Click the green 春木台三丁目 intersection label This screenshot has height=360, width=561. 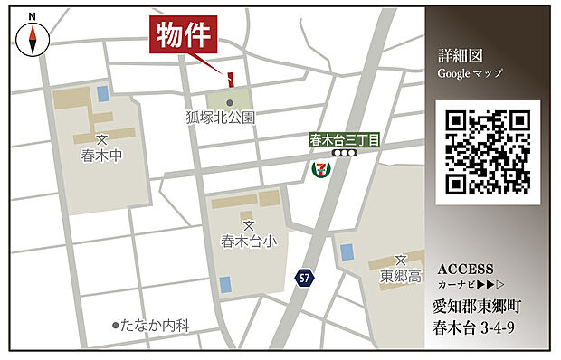click(344, 140)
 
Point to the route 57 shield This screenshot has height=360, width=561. click(304, 278)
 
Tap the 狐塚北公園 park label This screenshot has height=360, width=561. click(221, 118)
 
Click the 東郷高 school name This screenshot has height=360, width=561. click(401, 276)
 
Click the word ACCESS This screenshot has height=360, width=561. click(465, 269)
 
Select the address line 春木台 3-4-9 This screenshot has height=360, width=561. click(473, 327)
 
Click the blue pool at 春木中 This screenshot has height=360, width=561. click(100, 92)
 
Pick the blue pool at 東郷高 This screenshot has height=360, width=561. click(346, 251)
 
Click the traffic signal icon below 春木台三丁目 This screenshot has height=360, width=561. click(344, 155)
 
